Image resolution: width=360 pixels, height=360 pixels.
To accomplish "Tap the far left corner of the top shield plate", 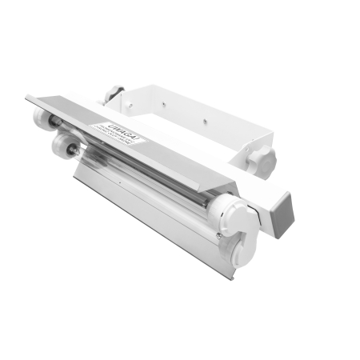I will (x=28, y=98).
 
